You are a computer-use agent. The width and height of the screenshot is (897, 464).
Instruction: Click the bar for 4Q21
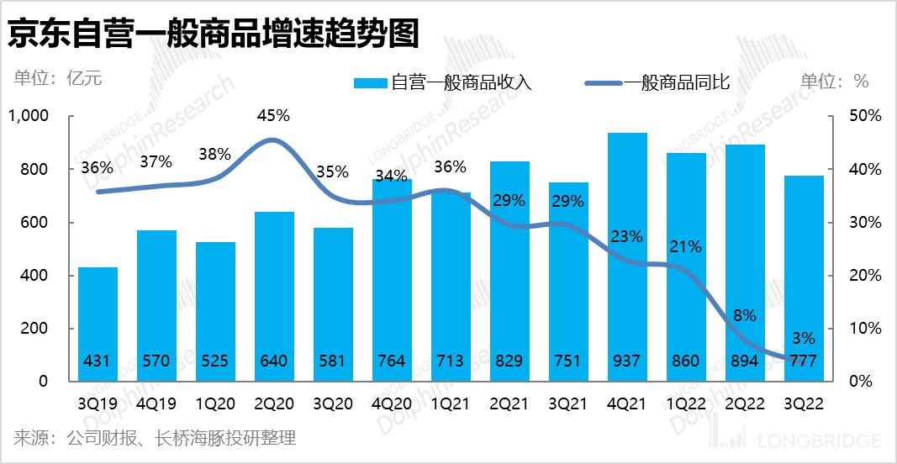pyautogui.click(x=627, y=252)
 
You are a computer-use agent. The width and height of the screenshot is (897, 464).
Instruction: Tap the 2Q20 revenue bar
pyautogui.click(x=274, y=294)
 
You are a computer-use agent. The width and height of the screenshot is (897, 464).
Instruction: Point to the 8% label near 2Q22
pyautogui.click(x=745, y=315)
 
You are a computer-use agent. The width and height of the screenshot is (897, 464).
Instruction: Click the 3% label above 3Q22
pyautogui.click(x=804, y=338)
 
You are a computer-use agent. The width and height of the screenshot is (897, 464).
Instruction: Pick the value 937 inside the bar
pyautogui.click(x=627, y=361)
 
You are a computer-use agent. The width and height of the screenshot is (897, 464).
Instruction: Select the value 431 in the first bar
pyautogui.click(x=98, y=361)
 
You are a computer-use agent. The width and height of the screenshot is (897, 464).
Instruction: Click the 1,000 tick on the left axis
pyautogui.click(x=29, y=116)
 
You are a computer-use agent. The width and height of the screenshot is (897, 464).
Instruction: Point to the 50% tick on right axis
pyautogui.click(x=864, y=116)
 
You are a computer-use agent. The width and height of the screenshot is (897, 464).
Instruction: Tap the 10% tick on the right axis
pyautogui.click(x=864, y=328)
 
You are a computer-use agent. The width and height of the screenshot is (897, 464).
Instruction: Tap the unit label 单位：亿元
pyautogui.click(x=58, y=80)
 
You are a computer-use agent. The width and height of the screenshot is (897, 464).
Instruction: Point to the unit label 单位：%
pyautogui.click(x=834, y=81)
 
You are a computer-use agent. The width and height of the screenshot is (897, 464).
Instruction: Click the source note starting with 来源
pyautogui.click(x=155, y=438)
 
